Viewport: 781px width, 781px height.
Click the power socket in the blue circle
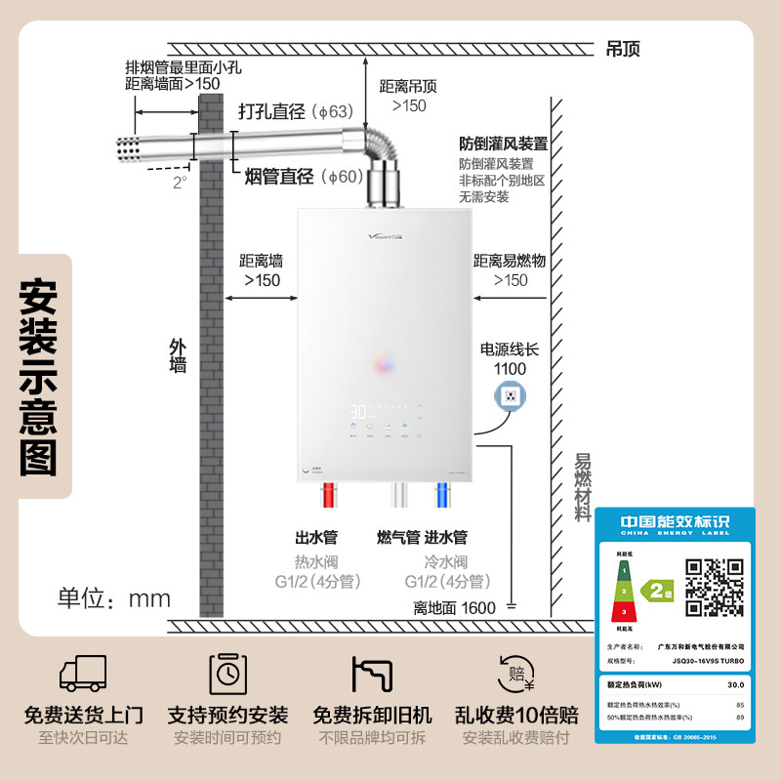point(510,396)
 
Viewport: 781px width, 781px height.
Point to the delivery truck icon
point(83,673)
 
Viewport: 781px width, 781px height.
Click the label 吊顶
point(623,49)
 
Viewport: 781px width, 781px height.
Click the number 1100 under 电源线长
point(510,368)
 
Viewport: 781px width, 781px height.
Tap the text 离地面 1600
point(455,607)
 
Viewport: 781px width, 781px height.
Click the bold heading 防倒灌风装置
point(503,144)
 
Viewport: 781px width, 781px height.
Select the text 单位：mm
point(114,597)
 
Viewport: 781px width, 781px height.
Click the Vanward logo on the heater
point(332,231)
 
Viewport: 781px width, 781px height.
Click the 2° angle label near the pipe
point(179,183)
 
